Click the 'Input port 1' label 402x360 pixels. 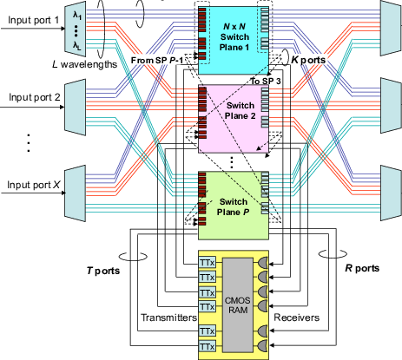click(33, 20)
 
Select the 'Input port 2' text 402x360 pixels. click(35, 97)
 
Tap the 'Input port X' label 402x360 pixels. click(33, 185)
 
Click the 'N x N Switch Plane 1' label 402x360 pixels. click(234, 37)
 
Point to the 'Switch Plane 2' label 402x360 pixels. click(241, 111)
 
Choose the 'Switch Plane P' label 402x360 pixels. click(233, 207)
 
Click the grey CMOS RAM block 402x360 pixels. click(238, 305)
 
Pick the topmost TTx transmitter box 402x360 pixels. click(208, 263)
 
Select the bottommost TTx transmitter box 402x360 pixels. click(208, 346)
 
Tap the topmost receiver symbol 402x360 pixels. click(262, 264)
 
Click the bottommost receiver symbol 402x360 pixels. click(262, 345)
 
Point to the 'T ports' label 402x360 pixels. click(103, 271)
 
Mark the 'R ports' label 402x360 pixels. click(362, 268)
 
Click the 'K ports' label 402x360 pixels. click(308, 60)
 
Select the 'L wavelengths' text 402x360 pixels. click(84, 64)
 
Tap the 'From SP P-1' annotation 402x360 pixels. click(157, 61)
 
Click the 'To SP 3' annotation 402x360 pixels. click(266, 82)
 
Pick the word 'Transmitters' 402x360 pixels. click(168, 317)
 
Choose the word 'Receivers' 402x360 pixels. click(297, 317)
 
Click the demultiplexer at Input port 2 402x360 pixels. click(76, 108)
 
